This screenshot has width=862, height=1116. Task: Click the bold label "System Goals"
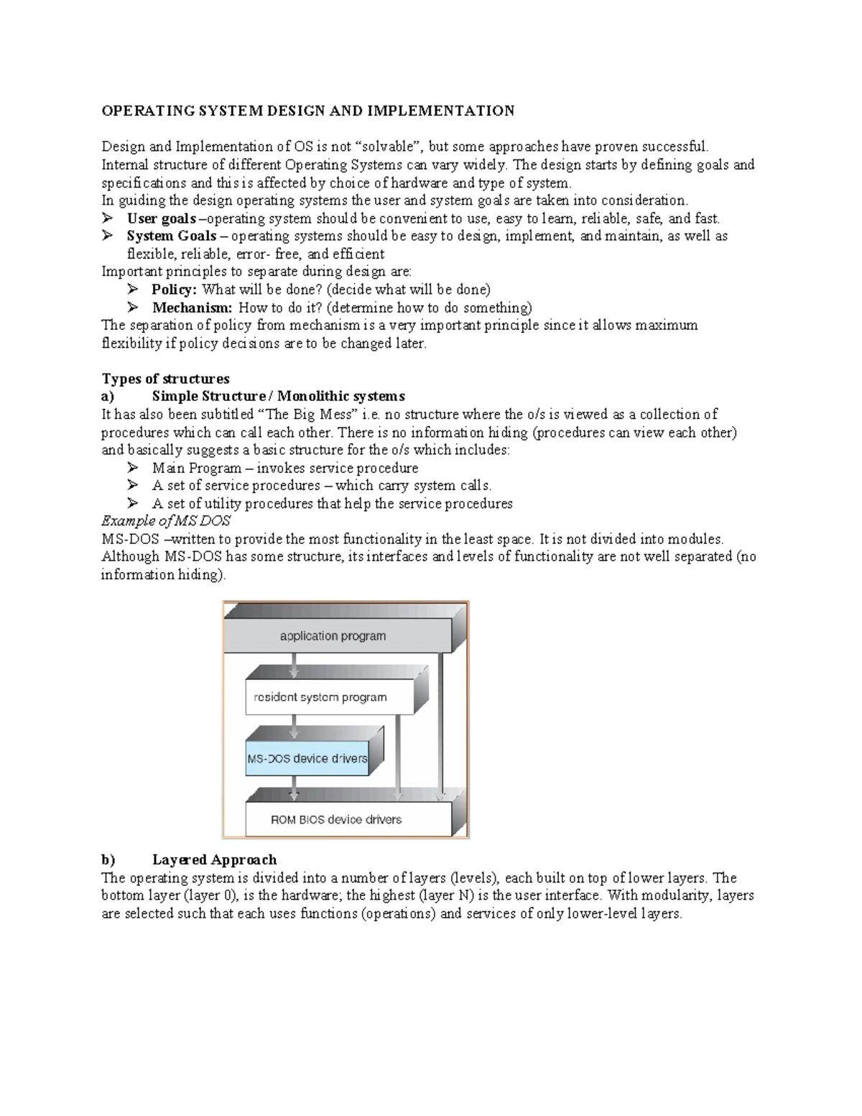[171, 236]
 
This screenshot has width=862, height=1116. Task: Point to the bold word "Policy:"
[174, 290]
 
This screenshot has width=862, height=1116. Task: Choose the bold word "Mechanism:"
[192, 308]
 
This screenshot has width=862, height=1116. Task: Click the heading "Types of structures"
[165, 379]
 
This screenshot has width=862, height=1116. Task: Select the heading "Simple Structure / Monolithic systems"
[278, 397]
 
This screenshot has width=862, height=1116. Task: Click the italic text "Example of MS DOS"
[166, 521]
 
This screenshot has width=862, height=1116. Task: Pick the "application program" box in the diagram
[333, 636]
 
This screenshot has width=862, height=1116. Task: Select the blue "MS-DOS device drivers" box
[307, 758]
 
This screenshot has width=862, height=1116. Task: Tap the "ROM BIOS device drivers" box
[335, 819]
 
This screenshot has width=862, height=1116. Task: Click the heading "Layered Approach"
[214, 859]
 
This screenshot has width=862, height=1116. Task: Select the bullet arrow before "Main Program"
[133, 468]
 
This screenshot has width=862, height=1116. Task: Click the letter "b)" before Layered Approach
[108, 859]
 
